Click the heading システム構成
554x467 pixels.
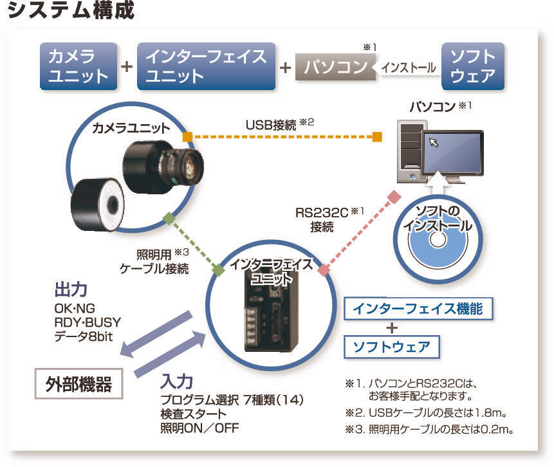[71, 12]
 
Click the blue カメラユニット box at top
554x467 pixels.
[78, 66]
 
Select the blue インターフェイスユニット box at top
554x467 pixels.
[206, 66]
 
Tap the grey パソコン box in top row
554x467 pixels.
[335, 67]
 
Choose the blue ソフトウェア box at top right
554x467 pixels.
[473, 66]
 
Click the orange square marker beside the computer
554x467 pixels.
[378, 136]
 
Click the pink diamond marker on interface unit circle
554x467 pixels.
[324, 271]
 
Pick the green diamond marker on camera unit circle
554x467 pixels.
[169, 219]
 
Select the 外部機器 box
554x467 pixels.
[78, 384]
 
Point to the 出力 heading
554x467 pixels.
[71, 289]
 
